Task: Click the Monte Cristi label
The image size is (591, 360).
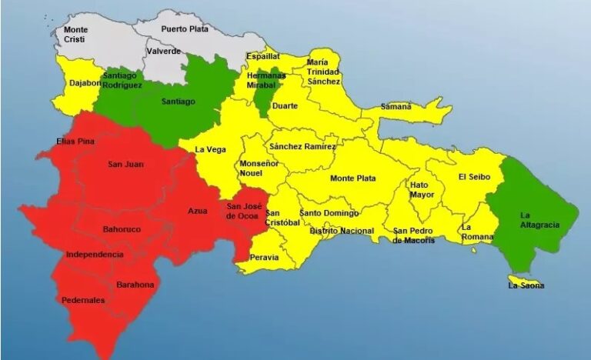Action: [75, 35]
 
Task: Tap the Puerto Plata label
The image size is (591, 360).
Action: [185, 28]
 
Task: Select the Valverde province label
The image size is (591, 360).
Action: [162, 51]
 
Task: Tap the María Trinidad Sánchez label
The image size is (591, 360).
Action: [323, 72]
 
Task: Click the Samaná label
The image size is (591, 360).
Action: [396, 106]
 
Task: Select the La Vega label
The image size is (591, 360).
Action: [210, 149]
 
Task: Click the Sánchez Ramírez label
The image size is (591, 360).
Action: [302, 146]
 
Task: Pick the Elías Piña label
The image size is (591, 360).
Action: [75, 142]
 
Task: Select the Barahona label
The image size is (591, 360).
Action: [135, 285]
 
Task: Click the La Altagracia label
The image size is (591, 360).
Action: [539, 220]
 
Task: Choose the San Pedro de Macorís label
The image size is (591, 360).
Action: [414, 235]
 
